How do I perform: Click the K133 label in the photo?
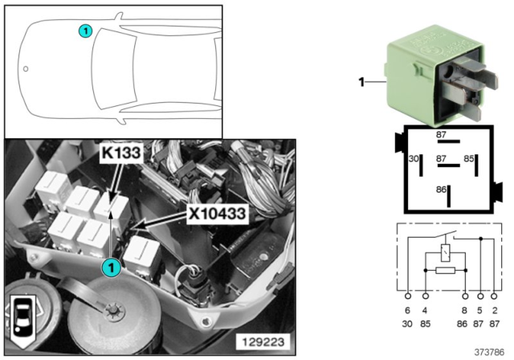pyautogui.click(x=121, y=153)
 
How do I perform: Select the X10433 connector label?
pyautogui.click(x=217, y=214)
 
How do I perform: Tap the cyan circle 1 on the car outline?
pyautogui.click(x=85, y=31)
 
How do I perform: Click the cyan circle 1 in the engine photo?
pyautogui.click(x=112, y=268)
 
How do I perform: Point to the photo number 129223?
pyautogui.click(x=263, y=342)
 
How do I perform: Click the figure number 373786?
pyautogui.click(x=489, y=352)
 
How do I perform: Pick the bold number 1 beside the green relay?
pyautogui.click(x=361, y=82)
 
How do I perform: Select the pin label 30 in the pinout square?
pyautogui.click(x=414, y=158)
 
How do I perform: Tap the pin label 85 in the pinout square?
pyautogui.click(x=469, y=158)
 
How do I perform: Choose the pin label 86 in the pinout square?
pyautogui.click(x=441, y=190)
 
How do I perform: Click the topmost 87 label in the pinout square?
pyautogui.click(x=441, y=134)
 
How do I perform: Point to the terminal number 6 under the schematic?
pyautogui.click(x=407, y=310)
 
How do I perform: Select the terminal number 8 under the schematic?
pyautogui.click(x=464, y=310)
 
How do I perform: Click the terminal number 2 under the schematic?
pyautogui.click(x=495, y=310)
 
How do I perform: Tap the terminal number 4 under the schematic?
pyautogui.click(x=425, y=310)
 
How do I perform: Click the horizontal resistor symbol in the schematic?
pyautogui.click(x=445, y=270)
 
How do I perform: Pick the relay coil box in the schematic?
pyautogui.click(x=445, y=252)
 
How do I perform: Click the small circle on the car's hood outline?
pyautogui.click(x=26, y=69)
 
